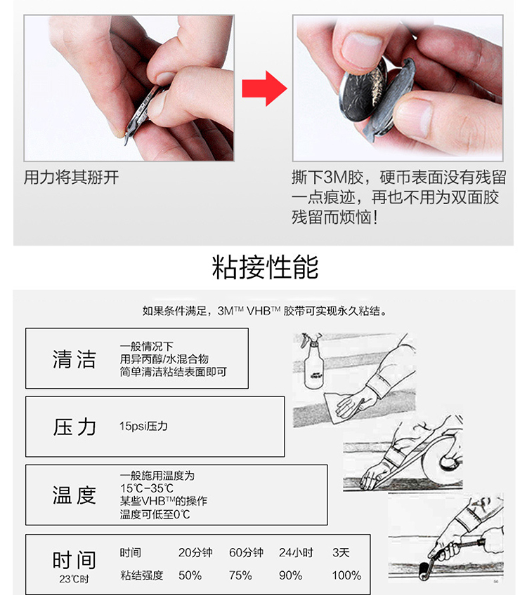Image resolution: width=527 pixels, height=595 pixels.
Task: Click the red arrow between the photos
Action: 263,89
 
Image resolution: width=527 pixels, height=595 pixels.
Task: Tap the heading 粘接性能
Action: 265,267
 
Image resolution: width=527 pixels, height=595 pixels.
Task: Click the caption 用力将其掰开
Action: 71,178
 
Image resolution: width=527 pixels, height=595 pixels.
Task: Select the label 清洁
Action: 74,359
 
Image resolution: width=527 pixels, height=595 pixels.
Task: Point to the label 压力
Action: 74,427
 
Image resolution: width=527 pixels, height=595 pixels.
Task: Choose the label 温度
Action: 74,495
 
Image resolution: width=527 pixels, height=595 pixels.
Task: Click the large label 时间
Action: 74,560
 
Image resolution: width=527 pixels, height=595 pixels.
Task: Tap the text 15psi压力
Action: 143,426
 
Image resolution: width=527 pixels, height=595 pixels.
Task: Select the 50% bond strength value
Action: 190,575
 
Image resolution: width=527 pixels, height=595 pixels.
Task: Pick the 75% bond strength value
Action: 240,575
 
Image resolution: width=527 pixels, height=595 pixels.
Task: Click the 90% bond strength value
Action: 290,575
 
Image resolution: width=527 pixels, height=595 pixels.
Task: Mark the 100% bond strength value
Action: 346,575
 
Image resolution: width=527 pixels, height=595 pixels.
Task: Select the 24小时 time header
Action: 296,553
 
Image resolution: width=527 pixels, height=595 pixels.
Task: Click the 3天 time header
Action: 341,553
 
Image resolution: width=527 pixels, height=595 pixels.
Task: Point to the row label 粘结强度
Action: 141,575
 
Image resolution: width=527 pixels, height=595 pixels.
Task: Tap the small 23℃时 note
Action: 74,580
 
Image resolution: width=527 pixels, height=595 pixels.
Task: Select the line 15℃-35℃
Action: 146,488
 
